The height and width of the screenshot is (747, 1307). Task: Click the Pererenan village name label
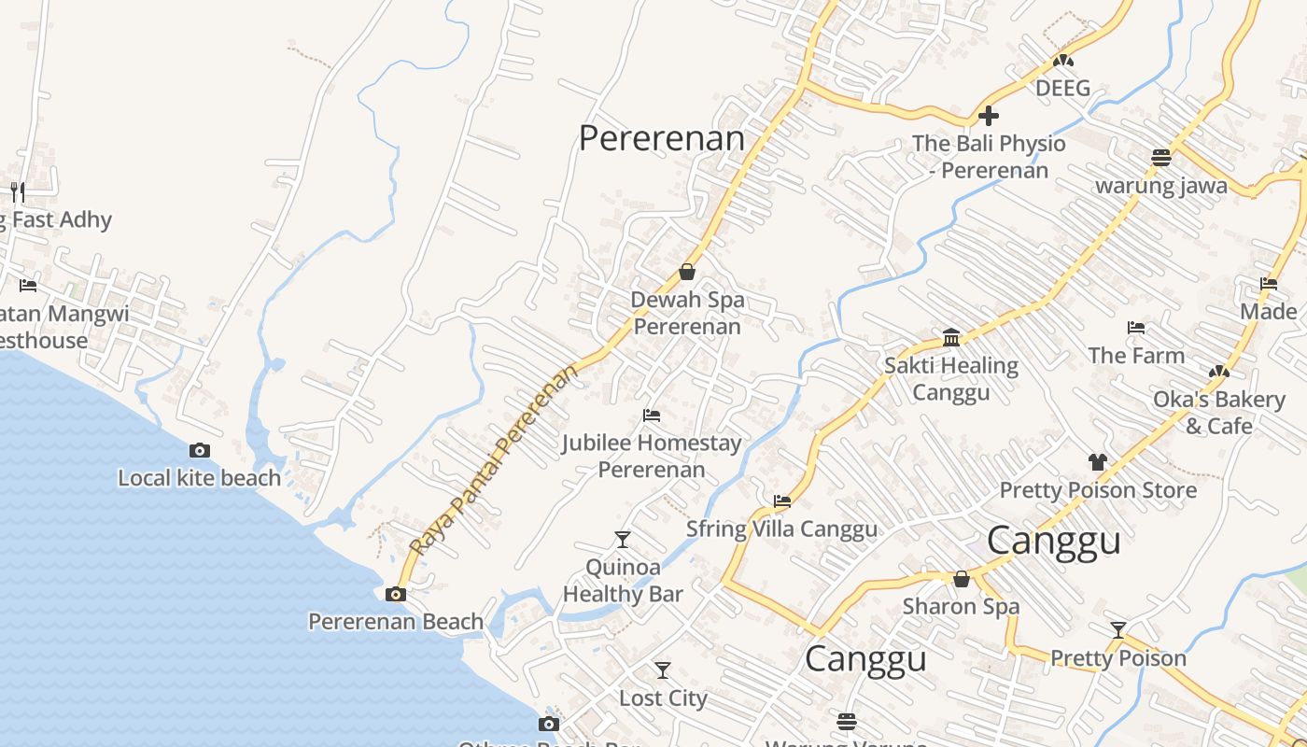662,138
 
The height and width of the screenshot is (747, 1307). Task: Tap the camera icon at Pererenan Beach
396,594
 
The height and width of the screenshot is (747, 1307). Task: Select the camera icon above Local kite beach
199,451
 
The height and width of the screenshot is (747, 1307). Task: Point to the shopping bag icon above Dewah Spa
687,272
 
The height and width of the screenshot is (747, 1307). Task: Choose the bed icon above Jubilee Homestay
652,415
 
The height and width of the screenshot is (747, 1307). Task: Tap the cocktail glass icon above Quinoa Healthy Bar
623,539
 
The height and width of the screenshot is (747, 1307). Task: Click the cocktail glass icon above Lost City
663,669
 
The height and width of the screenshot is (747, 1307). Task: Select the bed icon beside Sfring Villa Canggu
782,501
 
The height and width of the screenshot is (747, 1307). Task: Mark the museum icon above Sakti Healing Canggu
951,337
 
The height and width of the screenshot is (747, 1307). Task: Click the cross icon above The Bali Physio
989,116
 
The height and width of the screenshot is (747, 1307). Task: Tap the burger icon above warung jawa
1161,157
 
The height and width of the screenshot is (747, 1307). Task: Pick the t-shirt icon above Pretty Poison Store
1098,461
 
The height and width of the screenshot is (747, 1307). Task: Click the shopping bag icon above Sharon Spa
962,579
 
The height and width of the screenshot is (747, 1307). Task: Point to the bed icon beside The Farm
1136,328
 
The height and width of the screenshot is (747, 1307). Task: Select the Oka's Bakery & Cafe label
1219,413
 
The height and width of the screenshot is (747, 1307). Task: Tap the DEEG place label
1063,88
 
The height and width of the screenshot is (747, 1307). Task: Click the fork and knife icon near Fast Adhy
18,192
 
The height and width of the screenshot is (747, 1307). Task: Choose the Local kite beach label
199,478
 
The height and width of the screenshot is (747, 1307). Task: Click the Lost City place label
663,698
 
